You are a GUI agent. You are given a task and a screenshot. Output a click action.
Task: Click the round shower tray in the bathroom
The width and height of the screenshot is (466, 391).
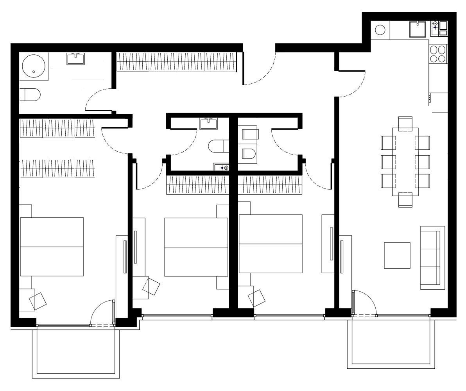34,66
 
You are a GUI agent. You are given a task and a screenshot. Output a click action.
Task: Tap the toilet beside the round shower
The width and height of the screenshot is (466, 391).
30,95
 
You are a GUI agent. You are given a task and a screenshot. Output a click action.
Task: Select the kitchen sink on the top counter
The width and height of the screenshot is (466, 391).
417,29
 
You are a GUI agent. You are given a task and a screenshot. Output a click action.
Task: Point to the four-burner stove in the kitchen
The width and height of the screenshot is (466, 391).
438,54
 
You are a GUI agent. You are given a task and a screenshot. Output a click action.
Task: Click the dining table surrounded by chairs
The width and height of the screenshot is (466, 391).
405,161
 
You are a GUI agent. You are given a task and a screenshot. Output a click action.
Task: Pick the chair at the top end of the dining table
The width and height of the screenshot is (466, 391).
405,123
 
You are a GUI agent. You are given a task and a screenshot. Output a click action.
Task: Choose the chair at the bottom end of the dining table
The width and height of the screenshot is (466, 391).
405,200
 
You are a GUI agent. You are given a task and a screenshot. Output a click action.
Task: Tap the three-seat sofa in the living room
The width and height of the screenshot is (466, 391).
432,257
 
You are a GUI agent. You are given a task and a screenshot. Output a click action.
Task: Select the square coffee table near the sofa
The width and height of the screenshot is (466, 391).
397,255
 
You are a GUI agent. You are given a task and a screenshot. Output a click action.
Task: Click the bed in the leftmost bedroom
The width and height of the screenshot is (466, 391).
52,246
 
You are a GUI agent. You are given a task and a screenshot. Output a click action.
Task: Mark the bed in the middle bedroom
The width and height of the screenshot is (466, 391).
196,247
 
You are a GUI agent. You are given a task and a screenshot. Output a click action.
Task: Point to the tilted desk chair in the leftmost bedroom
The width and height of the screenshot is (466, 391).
38,301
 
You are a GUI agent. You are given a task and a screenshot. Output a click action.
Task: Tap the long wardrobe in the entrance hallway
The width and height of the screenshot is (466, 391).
177,61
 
